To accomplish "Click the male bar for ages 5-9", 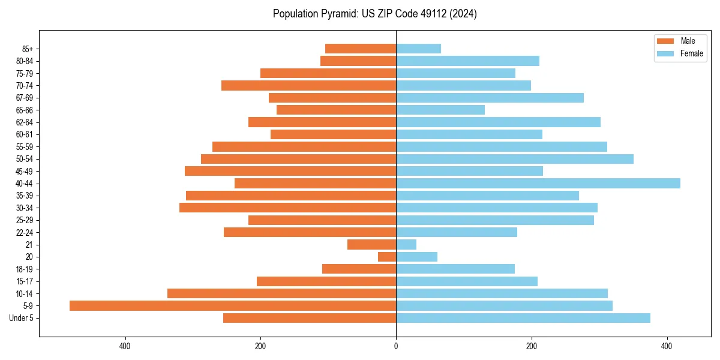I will pyautogui.click(x=233, y=305).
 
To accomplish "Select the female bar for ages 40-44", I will pyautogui.click(x=538, y=183).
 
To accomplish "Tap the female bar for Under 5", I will pyautogui.click(x=523, y=318).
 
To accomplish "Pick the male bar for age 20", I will pyautogui.click(x=387, y=257).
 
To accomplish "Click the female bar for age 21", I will pyautogui.click(x=406, y=244).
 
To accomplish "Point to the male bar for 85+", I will pyautogui.click(x=361, y=49).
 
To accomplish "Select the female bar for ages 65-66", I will pyautogui.click(x=440, y=110).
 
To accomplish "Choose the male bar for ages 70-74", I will pyautogui.click(x=308, y=85).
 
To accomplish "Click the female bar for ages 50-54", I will pyautogui.click(x=515, y=159).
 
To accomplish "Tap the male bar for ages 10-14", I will pyautogui.click(x=281, y=293).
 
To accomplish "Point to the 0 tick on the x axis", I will pyautogui.click(x=396, y=346).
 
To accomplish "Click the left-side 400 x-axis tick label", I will pyautogui.click(x=125, y=346).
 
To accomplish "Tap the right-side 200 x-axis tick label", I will pyautogui.click(x=531, y=346).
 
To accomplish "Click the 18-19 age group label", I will pyautogui.click(x=24, y=269).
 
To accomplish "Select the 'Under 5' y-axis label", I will pyautogui.click(x=21, y=318).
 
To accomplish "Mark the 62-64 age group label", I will pyautogui.click(x=24, y=122).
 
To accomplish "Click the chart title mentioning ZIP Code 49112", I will pyautogui.click(x=375, y=14).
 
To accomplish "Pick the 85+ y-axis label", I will pyautogui.click(x=27, y=49).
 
